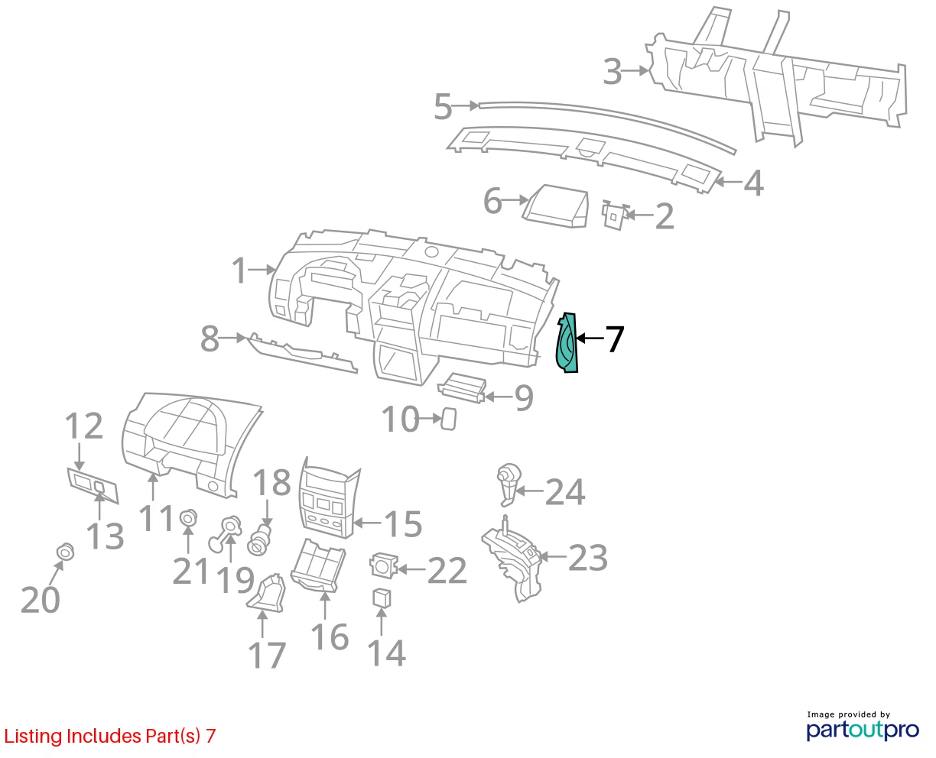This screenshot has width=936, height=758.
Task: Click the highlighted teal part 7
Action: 567,342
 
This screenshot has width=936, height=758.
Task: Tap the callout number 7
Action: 614,339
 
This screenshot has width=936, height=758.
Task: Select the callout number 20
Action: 40,600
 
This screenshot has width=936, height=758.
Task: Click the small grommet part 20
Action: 66,552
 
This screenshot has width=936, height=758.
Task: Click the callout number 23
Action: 588,557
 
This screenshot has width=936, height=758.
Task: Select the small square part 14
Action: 382,598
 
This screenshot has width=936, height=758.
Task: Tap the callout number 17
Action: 267,656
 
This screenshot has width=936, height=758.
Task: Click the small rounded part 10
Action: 448,419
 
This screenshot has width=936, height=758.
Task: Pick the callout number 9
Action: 524,397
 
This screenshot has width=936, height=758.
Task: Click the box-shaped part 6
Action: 557,206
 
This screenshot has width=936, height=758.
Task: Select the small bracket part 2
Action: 615,215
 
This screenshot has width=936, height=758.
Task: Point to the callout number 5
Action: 443,107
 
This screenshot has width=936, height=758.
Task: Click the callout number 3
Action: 613,72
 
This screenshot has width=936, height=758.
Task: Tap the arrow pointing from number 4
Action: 728,181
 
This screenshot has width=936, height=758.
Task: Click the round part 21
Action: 188,519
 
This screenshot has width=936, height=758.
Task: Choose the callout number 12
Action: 84,426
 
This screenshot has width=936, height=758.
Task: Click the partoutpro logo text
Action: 863,730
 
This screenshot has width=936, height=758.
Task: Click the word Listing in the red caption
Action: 33,736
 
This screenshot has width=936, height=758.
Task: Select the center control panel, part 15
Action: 330,497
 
